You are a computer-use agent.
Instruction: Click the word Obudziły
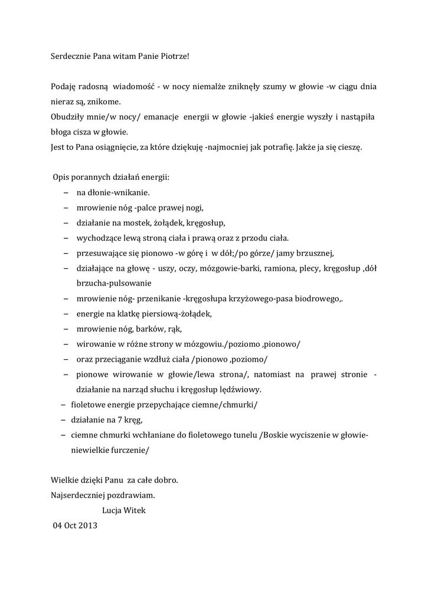pos(67,117)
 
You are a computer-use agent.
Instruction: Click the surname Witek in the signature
pos(135,510)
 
